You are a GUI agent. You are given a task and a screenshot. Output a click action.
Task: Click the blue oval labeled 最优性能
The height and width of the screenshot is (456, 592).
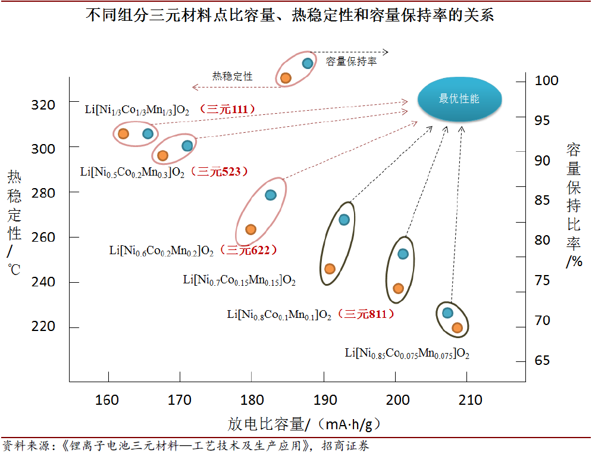pyautogui.click(x=459, y=99)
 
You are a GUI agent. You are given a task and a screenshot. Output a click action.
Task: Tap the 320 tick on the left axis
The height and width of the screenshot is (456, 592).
pyautogui.click(x=43, y=105)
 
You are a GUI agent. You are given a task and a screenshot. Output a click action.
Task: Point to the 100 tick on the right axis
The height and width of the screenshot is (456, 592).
pyautogui.click(x=546, y=80)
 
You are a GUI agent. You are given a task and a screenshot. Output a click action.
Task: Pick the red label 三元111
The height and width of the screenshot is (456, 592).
pyautogui.click(x=227, y=110)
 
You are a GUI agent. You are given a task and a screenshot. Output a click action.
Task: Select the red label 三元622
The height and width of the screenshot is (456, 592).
pyautogui.click(x=249, y=250)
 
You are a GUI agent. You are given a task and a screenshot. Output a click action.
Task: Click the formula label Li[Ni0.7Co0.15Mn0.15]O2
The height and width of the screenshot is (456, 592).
pyautogui.click(x=239, y=279)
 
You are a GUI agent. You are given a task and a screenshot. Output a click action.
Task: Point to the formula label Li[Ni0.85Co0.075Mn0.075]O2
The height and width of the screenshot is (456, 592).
pyautogui.click(x=407, y=353)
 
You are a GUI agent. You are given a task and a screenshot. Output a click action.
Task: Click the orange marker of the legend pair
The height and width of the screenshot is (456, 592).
pyautogui.click(x=286, y=78)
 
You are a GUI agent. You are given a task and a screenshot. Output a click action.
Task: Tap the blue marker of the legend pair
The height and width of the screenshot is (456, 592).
pyautogui.click(x=308, y=63)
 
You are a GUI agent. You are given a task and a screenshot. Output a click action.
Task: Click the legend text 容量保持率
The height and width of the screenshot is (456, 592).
pyautogui.click(x=351, y=61)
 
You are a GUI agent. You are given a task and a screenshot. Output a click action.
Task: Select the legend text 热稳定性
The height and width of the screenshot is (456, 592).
pyautogui.click(x=233, y=76)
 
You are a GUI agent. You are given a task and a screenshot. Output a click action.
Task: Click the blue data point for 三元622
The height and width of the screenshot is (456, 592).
pyautogui.click(x=270, y=195)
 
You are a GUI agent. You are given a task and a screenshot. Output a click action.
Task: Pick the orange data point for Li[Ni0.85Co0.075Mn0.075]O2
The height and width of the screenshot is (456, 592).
pyautogui.click(x=457, y=327)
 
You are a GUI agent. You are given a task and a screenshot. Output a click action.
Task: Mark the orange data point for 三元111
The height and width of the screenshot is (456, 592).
pyautogui.click(x=123, y=134)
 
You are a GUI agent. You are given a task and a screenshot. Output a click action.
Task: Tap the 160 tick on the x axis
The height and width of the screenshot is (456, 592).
pyautogui.click(x=107, y=399)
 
